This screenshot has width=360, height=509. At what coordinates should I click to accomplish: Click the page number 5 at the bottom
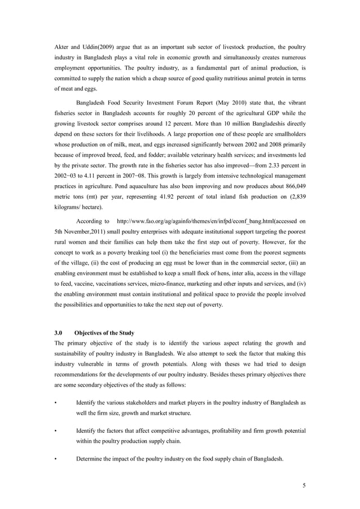[304, 485]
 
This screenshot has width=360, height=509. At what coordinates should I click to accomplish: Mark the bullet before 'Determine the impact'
[55, 459]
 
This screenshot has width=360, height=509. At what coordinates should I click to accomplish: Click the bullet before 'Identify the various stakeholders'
[55, 403]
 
